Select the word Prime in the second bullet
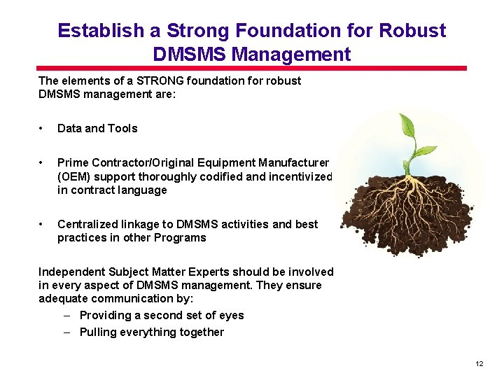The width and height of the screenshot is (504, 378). coord(72,163)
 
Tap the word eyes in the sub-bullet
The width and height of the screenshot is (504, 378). coord(231,315)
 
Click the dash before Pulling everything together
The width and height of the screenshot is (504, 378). coord(69,332)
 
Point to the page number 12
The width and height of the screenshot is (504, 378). coord(479,364)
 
